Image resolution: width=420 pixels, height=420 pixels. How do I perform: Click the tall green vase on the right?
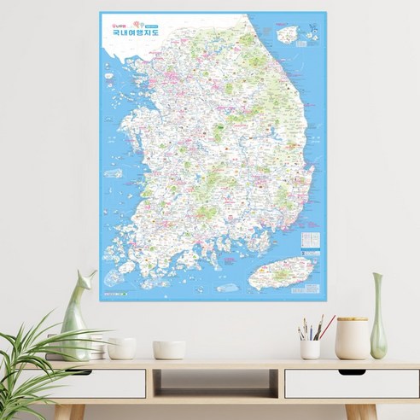[x=377, y=318]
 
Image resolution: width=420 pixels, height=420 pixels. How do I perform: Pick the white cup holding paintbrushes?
[x=310, y=349]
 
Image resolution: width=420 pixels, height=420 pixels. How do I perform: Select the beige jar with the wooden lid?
[x=352, y=340]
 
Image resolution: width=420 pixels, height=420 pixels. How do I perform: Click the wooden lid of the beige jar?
[x=352, y=320]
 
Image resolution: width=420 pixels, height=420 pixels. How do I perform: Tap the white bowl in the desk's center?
[x=169, y=349]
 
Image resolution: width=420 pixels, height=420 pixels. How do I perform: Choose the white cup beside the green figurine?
[x=121, y=347]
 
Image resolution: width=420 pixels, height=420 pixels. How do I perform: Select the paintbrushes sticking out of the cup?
[x=311, y=329]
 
